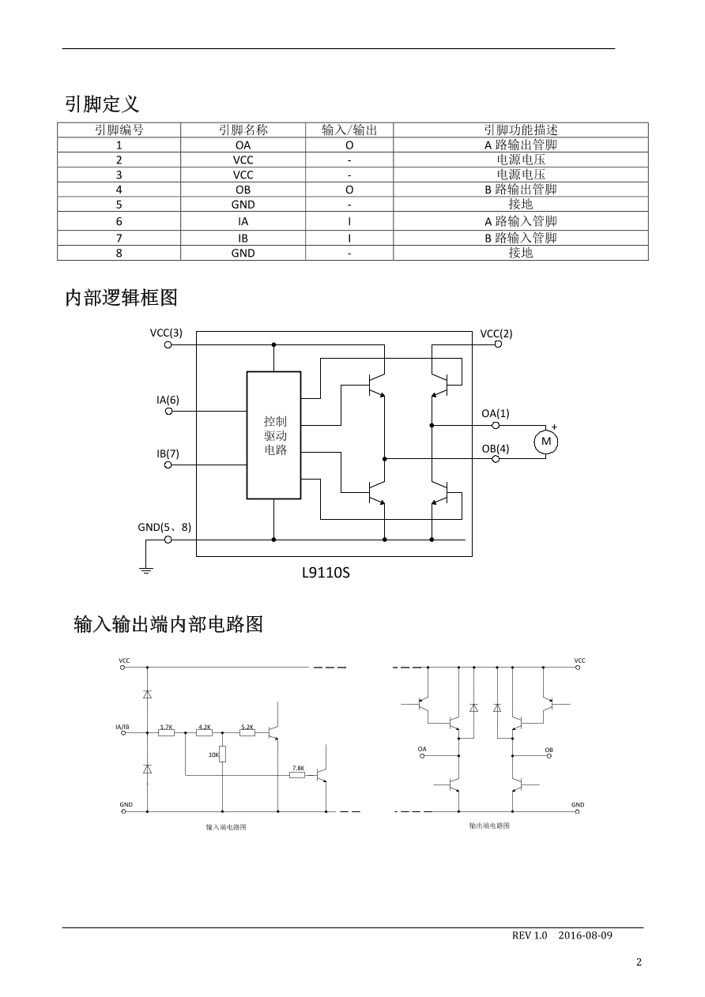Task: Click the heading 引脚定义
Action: [102, 103]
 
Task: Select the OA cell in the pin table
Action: [243, 145]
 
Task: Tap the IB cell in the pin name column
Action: [243, 238]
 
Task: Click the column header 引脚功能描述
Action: [520, 130]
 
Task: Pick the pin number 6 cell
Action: [119, 222]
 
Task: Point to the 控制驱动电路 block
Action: [274, 435]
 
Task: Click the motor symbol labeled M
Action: [545, 442]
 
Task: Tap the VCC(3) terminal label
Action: [166, 333]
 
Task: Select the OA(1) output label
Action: [496, 413]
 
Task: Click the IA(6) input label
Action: [168, 400]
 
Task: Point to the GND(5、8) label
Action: [164, 527]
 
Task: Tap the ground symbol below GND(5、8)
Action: [146, 569]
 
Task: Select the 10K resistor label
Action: [213, 754]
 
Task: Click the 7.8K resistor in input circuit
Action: [297, 775]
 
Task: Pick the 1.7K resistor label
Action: [166, 727]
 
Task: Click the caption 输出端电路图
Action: [488, 826]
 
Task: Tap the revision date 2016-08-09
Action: [585, 935]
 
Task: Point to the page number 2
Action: [639, 962]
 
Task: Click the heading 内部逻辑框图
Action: [121, 298]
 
